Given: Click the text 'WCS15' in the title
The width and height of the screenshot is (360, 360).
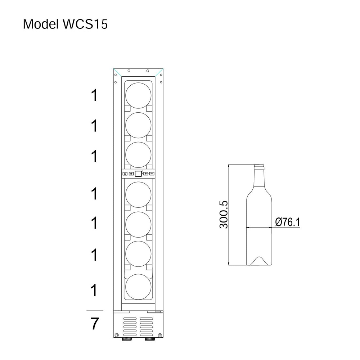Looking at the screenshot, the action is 85,24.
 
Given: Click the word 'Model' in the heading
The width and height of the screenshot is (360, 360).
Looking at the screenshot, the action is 41,24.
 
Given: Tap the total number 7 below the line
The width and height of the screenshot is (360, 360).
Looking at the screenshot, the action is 95,324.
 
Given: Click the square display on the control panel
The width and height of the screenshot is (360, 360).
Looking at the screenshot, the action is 139,174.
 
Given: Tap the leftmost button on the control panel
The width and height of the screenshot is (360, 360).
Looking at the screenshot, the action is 125,174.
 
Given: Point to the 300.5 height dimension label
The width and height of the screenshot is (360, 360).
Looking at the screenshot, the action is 224,215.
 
